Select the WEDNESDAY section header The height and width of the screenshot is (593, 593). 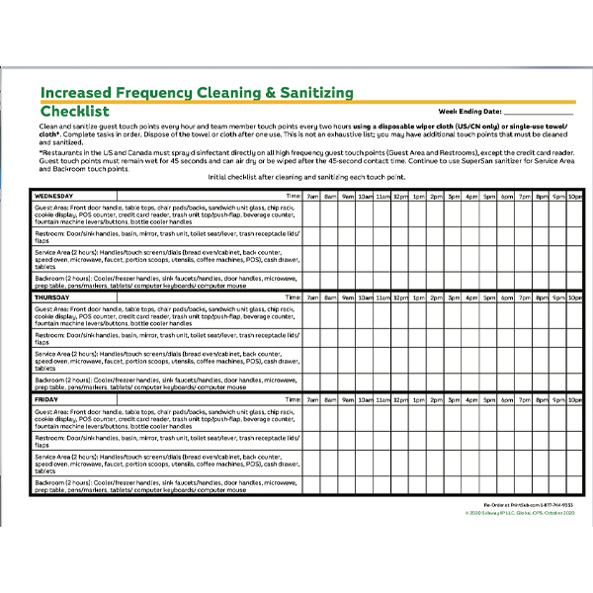click(x=61, y=196)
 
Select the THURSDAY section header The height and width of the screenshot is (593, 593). click(x=58, y=296)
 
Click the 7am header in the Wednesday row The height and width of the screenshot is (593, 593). click(x=312, y=196)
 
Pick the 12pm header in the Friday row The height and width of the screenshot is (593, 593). click(x=400, y=398)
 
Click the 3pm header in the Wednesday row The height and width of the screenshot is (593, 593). click(x=453, y=196)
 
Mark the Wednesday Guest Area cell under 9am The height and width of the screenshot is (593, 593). click(x=348, y=217)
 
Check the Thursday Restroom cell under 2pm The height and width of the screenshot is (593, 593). click(x=436, y=338)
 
